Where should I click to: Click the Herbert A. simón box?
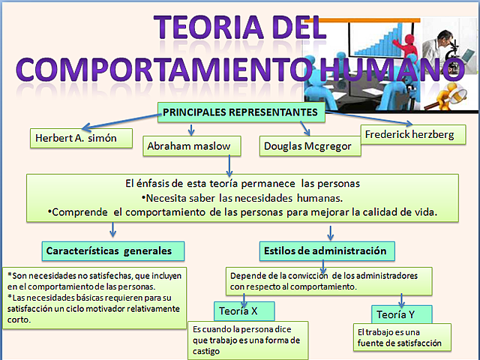click(x=81, y=139)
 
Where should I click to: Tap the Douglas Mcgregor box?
click(x=308, y=146)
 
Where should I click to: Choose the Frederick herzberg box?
click(x=408, y=135)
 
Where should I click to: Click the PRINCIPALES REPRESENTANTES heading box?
click(x=241, y=112)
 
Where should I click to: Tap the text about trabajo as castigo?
click(x=247, y=340)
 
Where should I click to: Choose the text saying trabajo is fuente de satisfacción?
click(x=400, y=338)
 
